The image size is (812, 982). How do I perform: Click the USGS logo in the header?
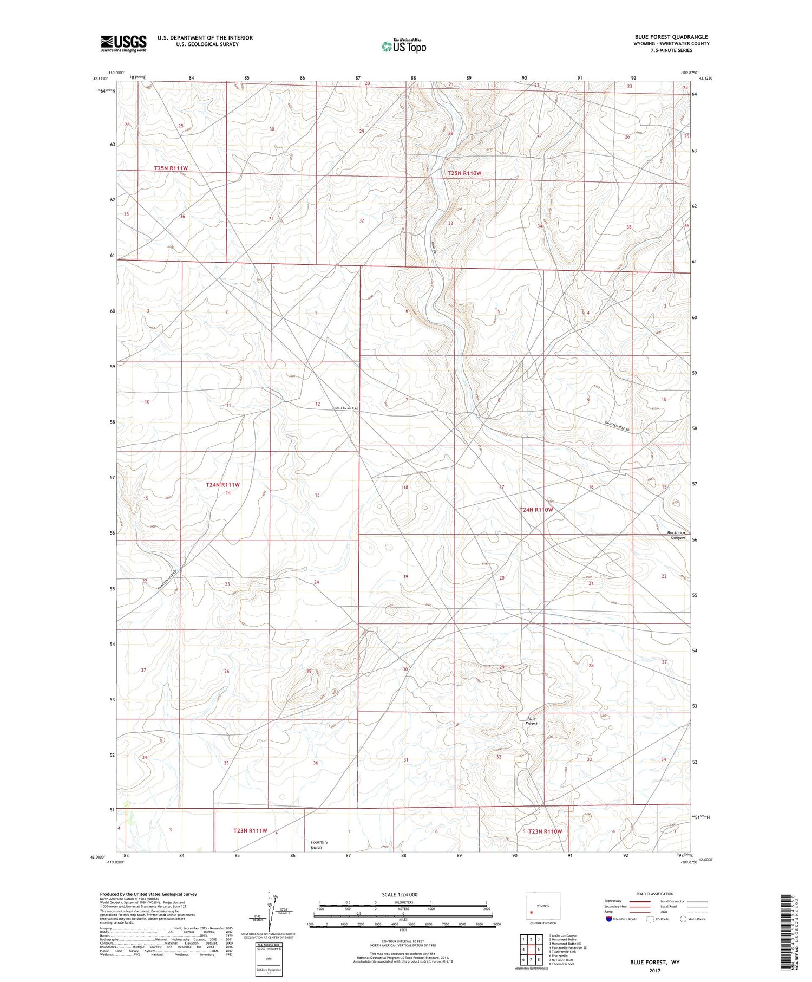point(123,43)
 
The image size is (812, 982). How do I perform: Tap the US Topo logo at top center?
point(404,47)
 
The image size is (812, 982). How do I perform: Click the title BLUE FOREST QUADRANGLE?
point(671,37)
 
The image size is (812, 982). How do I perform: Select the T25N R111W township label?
point(171,168)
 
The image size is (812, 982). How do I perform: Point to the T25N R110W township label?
point(464,173)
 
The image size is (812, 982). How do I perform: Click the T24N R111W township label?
point(222,485)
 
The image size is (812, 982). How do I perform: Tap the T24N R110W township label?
point(536,510)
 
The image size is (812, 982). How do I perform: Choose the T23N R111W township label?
point(250,830)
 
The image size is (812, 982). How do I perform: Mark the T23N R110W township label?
point(545,831)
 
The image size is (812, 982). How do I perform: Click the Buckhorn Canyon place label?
point(676,535)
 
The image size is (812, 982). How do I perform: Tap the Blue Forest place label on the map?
point(531,721)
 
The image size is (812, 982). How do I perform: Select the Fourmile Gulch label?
point(319,844)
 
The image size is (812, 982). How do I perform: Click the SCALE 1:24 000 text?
point(400,894)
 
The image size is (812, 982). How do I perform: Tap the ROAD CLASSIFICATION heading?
point(654,894)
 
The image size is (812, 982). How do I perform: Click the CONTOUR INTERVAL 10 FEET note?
point(403,941)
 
